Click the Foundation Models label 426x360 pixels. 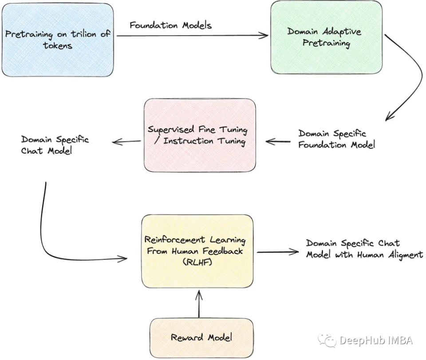click(170, 25)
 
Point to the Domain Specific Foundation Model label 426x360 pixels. click(336, 139)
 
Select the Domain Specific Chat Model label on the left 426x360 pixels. click(55, 145)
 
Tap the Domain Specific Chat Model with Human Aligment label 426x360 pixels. click(364, 249)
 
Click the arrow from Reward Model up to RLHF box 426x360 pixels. click(199, 304)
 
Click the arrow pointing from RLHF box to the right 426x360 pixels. click(277, 252)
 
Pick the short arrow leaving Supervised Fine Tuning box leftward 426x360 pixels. click(126, 142)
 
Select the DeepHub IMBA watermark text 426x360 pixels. click(376, 340)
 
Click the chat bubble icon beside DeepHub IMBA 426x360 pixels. click(327, 340)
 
